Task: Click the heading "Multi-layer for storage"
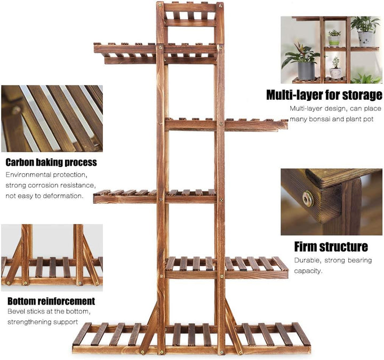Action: pos(324,95)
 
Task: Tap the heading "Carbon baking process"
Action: pos(51,162)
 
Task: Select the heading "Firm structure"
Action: pos(331,246)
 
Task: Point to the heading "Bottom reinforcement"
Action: pos(51,301)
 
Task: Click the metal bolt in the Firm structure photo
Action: pos(308,199)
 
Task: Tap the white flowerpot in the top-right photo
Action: pos(365,38)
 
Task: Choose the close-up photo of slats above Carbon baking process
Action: pos(52,118)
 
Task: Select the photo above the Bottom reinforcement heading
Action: pos(52,255)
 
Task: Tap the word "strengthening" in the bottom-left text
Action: pos(31,322)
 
